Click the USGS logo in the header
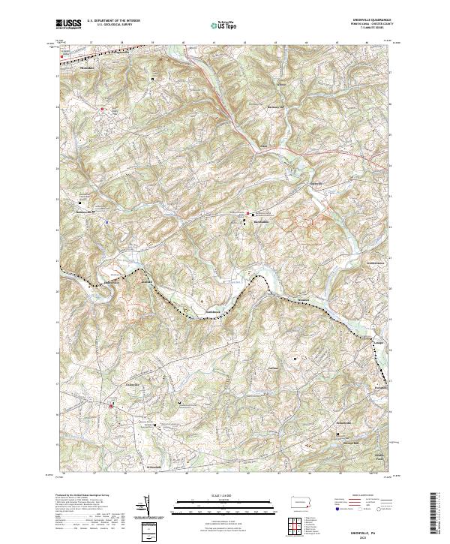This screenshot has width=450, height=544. (x=69, y=24)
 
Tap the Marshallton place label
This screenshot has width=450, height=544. (x=260, y=223)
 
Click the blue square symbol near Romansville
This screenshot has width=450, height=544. (x=107, y=222)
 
